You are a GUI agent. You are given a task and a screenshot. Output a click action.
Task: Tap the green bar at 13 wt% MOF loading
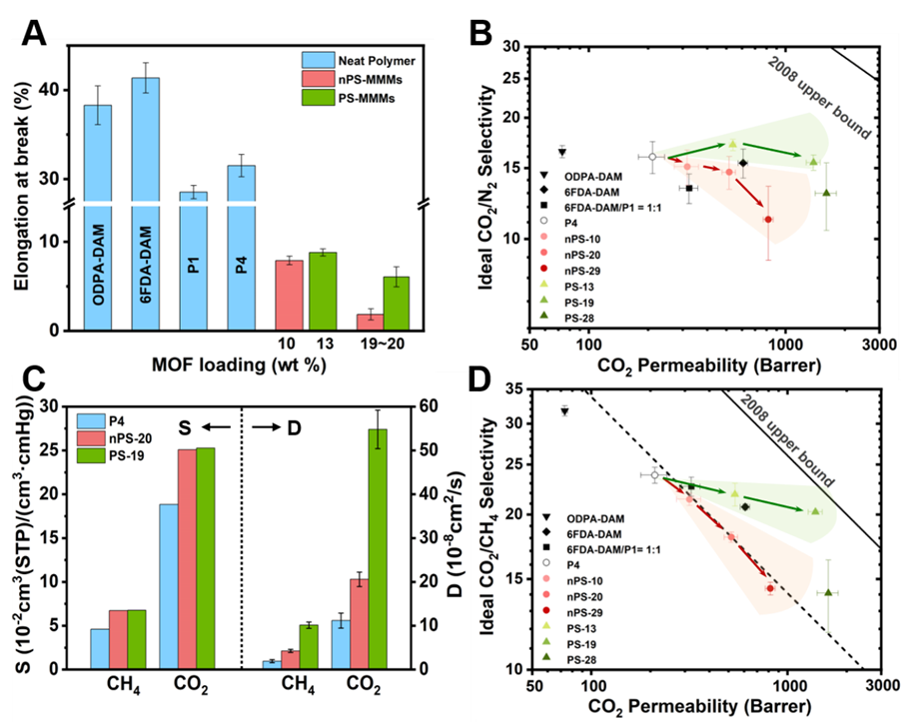click(x=322, y=291)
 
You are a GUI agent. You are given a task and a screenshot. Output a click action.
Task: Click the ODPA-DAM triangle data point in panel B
click(x=562, y=151)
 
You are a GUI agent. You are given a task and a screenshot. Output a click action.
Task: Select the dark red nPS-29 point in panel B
click(x=768, y=219)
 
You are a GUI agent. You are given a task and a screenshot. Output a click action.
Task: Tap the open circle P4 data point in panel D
click(x=654, y=474)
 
